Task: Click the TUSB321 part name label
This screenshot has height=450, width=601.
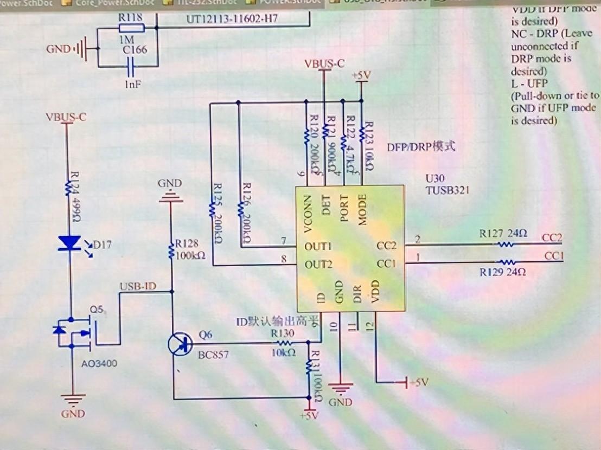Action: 447,191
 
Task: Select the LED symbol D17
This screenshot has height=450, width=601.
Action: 69,243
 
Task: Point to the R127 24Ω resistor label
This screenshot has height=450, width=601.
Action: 503,234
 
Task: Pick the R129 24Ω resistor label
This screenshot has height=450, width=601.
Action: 503,272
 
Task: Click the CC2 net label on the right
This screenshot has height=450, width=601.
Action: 552,238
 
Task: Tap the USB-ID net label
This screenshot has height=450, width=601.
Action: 138,286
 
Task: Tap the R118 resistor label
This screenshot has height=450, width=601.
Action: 131,17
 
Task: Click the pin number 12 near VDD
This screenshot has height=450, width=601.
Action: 370,326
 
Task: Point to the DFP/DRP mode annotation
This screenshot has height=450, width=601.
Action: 421,146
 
